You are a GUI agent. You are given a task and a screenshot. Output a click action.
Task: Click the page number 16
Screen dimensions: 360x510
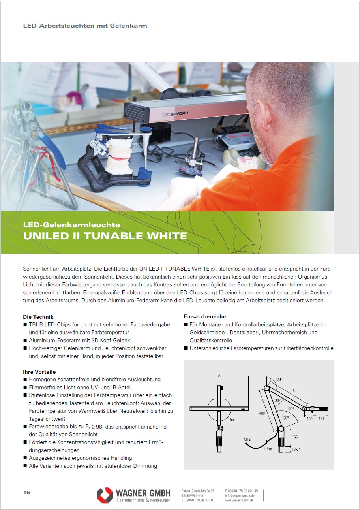[26, 493]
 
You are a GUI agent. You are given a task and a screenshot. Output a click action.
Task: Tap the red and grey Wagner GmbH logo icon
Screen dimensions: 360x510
[105, 495]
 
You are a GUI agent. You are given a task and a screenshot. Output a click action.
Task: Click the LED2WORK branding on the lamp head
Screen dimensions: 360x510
[175, 113]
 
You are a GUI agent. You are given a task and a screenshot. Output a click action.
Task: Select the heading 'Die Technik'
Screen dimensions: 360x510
[38, 317]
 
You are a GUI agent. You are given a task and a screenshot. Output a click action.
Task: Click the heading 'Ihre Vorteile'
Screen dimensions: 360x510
[39, 372]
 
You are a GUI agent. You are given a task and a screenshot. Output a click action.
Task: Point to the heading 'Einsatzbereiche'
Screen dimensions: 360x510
[205, 316]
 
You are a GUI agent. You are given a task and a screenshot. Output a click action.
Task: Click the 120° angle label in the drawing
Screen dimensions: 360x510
[279, 380]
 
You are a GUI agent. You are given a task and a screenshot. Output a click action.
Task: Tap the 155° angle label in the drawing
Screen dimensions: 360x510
[232, 420]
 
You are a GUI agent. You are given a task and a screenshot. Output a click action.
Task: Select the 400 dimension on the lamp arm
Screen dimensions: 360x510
[262, 413]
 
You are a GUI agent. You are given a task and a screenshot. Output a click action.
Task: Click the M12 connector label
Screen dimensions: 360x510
[247, 439]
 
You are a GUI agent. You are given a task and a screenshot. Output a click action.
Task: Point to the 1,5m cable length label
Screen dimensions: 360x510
[268, 449]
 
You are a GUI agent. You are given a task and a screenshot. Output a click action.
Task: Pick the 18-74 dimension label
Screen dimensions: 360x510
[296, 449]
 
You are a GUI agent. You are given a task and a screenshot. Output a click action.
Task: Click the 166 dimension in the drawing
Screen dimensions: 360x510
[295, 437]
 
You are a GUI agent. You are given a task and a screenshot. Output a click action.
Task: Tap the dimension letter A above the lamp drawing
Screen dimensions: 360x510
[219, 375]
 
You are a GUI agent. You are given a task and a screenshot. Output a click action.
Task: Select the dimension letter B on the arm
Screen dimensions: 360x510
[294, 391]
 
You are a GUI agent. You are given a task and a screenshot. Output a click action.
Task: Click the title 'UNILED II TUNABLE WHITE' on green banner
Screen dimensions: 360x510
[105, 236]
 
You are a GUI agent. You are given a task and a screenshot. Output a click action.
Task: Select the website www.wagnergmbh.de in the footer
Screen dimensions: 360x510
[239, 500]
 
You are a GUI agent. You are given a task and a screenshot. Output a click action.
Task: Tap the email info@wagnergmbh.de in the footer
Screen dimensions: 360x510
[240, 495]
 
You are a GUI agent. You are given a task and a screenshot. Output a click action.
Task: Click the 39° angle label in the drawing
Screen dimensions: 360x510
[278, 401]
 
